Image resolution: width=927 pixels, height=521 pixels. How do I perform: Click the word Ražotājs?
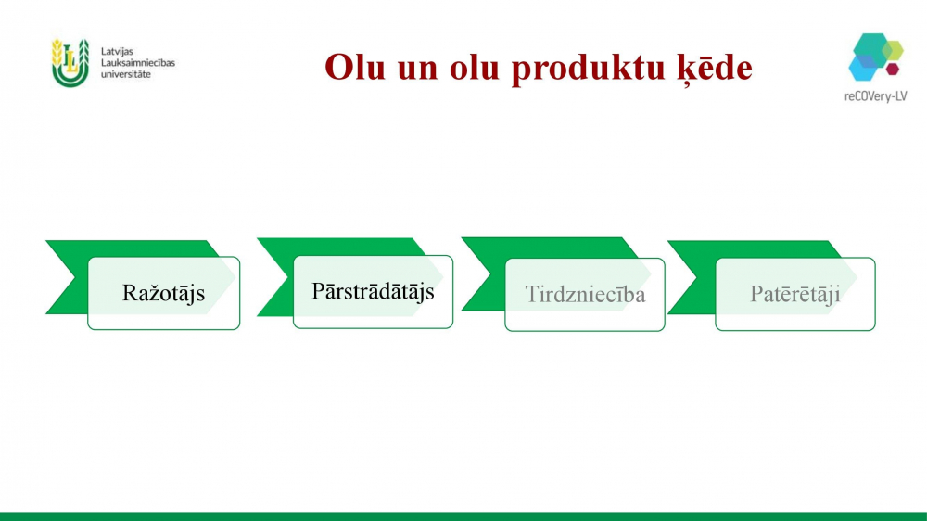pyautogui.click(x=163, y=293)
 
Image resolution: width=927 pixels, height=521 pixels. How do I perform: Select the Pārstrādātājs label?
pyautogui.click(x=373, y=291)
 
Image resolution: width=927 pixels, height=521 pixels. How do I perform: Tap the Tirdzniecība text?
pyautogui.click(x=585, y=294)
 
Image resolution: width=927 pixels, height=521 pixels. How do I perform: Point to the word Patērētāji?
pyautogui.click(x=794, y=293)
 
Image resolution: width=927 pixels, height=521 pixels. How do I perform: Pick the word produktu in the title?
pyautogui.click(x=588, y=68)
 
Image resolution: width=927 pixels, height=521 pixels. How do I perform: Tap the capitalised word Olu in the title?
pyautogui.click(x=354, y=67)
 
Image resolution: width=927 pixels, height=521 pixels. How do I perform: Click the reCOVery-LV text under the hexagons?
pyautogui.click(x=876, y=95)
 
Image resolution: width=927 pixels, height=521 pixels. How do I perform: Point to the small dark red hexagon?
pyautogui.click(x=893, y=70)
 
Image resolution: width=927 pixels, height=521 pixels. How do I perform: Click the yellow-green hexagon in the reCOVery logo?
pyautogui.click(x=894, y=50)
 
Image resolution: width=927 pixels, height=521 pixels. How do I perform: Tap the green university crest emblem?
pyautogui.click(x=70, y=63)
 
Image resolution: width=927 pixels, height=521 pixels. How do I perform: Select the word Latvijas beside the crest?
pyautogui.click(x=117, y=51)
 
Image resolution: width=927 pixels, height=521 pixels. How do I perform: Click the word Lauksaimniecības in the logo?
pyautogui.click(x=138, y=63)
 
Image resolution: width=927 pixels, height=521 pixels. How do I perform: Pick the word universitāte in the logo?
pyautogui.click(x=126, y=74)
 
